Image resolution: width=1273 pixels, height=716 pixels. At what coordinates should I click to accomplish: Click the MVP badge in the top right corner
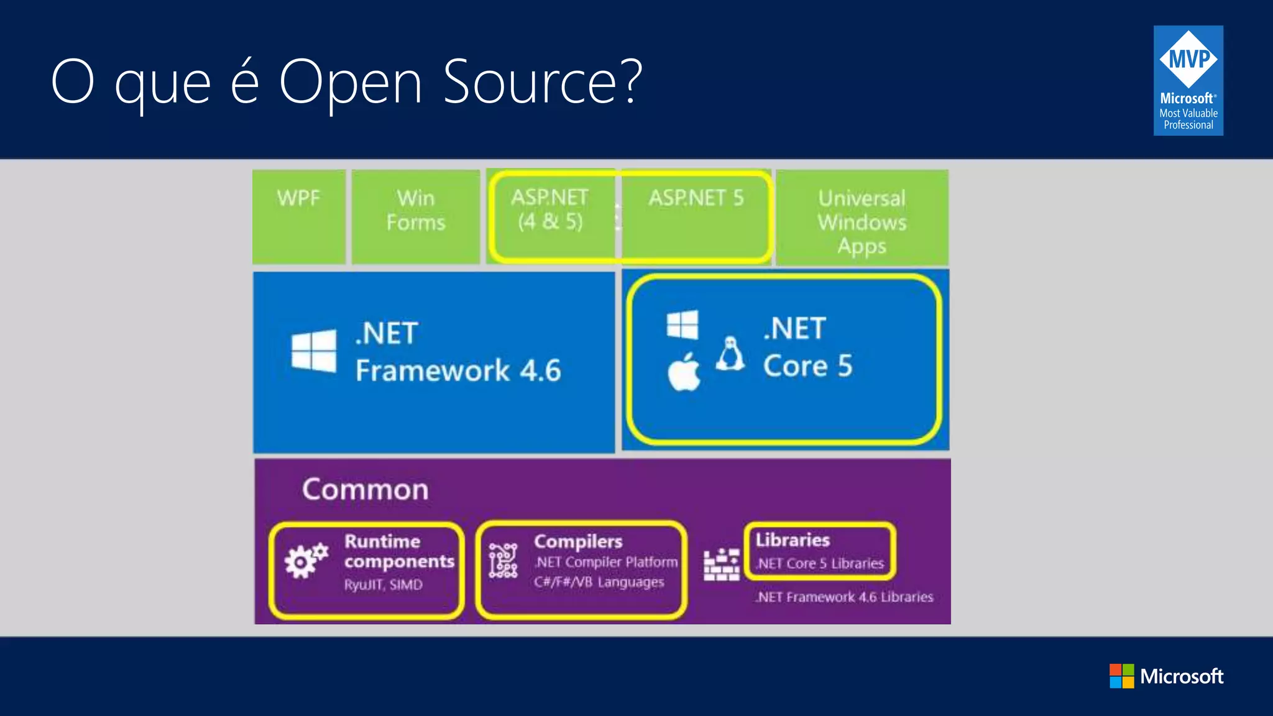pos(1188,80)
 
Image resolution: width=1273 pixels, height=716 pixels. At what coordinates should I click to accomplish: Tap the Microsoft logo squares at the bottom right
pos(1121,676)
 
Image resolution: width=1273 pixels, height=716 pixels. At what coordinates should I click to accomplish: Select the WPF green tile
pos(299,216)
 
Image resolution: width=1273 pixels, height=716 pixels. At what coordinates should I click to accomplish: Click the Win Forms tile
pos(416,216)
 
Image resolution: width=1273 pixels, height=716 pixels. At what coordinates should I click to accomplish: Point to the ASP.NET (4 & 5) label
pos(550,209)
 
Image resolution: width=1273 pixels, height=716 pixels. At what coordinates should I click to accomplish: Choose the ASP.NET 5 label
pos(696,198)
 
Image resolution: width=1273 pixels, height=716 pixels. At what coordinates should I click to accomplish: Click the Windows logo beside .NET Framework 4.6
pos(314,351)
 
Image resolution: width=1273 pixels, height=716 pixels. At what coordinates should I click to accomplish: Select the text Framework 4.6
pos(458,371)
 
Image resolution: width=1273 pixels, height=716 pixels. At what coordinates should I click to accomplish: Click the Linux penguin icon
pos(730,354)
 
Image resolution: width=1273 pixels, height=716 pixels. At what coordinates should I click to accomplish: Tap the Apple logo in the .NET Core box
pos(684,372)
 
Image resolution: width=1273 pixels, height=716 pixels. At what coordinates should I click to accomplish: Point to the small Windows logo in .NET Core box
pos(682,324)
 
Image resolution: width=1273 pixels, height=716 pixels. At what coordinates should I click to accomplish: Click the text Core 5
pos(807,366)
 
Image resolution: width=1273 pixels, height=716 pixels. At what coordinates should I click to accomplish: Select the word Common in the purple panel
pos(365,490)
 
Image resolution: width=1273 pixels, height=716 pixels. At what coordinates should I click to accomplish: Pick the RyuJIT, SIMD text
pos(384,585)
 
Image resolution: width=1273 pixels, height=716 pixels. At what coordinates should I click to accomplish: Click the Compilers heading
pos(578,541)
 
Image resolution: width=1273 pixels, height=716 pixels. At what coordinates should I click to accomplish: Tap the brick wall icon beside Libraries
pos(721,564)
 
